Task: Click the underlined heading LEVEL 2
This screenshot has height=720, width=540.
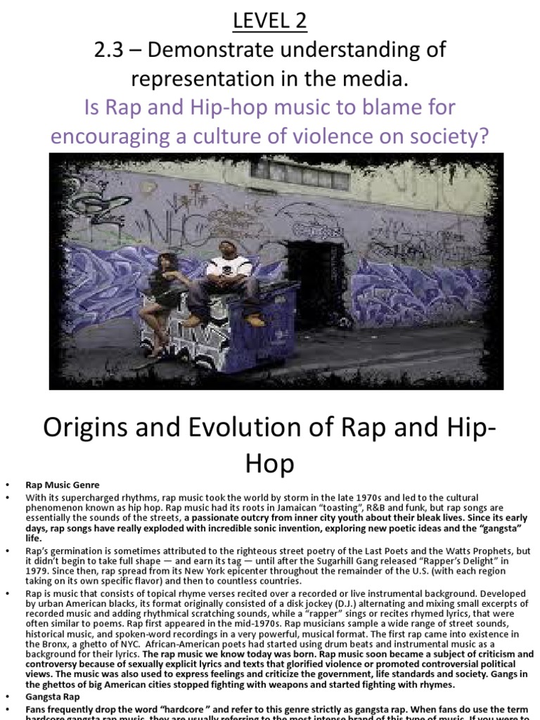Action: tap(270, 21)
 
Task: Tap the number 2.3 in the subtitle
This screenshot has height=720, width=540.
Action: tap(112, 51)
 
